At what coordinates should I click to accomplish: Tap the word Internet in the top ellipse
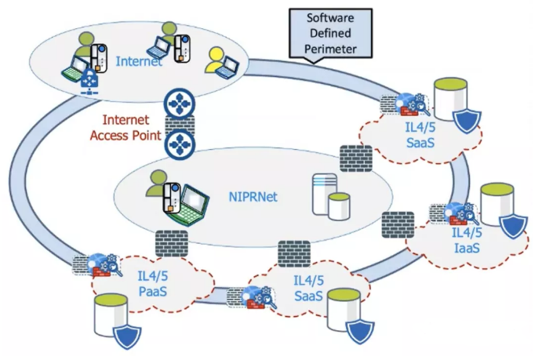tap(139, 60)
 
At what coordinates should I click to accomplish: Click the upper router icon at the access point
tap(179, 103)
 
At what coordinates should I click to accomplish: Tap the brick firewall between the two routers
tap(179, 123)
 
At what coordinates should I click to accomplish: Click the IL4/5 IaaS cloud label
tap(467, 240)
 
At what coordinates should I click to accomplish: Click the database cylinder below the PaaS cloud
tap(109, 314)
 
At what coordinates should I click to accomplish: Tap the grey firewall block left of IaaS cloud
tap(397, 224)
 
